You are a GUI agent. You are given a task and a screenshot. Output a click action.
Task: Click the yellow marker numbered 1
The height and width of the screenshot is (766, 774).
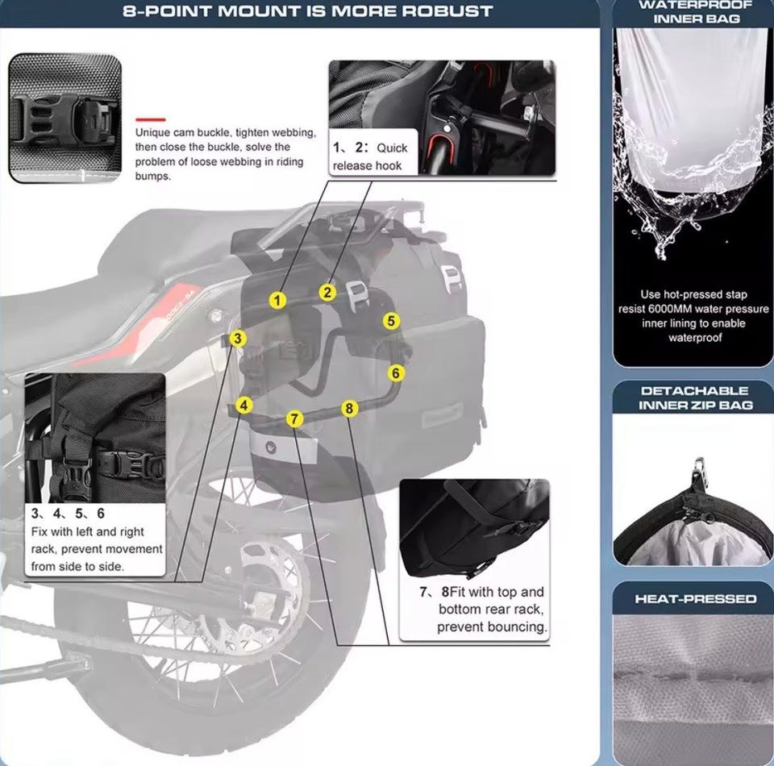(277, 300)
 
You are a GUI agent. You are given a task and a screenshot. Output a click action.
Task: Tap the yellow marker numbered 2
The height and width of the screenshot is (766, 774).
(327, 293)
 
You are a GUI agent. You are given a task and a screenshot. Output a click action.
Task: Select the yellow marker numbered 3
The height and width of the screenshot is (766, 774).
(238, 339)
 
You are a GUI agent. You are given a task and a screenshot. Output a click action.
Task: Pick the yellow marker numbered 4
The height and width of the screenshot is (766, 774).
(243, 406)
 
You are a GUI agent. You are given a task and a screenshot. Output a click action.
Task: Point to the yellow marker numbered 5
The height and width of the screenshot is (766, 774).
(391, 321)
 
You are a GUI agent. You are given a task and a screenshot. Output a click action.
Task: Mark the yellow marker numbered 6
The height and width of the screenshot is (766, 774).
(395, 373)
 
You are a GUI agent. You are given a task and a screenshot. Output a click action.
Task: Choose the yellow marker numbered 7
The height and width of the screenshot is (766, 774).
(295, 419)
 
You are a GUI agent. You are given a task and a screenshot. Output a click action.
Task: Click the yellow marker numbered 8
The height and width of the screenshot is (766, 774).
(349, 408)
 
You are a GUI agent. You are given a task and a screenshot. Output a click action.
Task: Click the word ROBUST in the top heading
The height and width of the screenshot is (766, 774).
(447, 11)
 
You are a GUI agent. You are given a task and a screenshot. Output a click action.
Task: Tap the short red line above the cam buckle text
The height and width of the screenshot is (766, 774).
(151, 119)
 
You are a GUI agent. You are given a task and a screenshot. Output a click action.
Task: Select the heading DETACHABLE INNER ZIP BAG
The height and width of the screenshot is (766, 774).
(695, 398)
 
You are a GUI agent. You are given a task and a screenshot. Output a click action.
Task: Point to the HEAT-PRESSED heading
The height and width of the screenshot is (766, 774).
(695, 598)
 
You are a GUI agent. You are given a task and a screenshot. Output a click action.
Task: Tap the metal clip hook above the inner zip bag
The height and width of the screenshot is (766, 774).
(698, 471)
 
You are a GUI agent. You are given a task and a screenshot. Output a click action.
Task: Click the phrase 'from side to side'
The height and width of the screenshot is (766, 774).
(77, 567)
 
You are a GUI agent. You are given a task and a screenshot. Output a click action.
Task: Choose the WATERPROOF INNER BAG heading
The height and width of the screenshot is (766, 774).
(696, 12)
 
